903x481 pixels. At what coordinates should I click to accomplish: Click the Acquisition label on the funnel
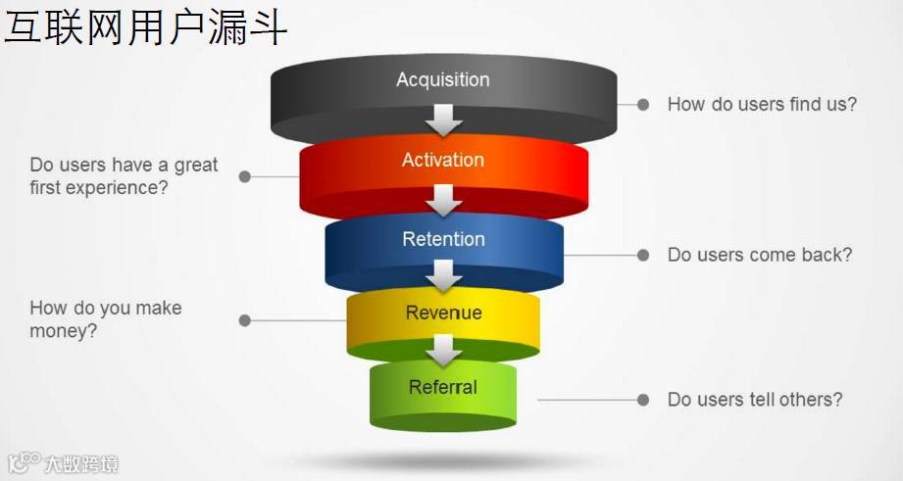coord(443,80)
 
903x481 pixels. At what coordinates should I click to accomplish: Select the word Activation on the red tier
coord(443,160)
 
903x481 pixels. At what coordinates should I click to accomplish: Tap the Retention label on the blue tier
coord(443,239)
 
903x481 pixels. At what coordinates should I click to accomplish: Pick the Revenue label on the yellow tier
coord(443,313)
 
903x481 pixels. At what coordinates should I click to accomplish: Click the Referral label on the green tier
coord(443,387)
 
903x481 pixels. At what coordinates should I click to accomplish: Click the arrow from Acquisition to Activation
coord(444,120)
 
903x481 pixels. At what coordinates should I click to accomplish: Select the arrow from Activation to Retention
coord(444,200)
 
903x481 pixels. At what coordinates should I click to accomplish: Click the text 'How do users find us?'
coord(762,104)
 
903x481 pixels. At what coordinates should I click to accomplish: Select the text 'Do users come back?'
coord(760,255)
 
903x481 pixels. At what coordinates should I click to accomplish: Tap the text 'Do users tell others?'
coord(755,400)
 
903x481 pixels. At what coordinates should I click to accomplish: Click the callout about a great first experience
coord(124,176)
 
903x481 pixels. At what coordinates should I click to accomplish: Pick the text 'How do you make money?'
coord(105,319)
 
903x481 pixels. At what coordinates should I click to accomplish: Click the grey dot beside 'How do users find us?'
coord(643,104)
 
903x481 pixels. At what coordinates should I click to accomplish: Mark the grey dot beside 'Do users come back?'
coord(643,255)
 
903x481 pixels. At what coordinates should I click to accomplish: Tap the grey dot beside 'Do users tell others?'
coord(643,400)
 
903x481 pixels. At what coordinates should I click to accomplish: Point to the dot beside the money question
coord(245,320)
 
